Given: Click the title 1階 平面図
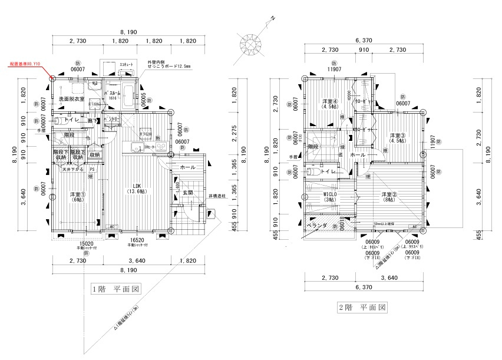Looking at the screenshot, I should click(115, 289).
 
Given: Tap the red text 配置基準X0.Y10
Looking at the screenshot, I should click(25, 62).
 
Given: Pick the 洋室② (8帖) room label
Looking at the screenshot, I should click(387, 197).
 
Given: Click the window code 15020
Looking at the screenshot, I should click(87, 242).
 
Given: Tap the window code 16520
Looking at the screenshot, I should click(137, 240).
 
